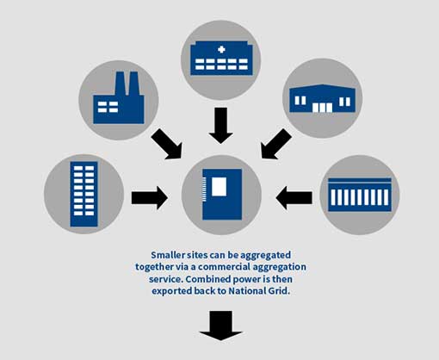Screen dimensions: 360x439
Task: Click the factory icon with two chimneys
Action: (x=119, y=96)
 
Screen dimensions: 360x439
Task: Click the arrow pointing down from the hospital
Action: (x=221, y=124)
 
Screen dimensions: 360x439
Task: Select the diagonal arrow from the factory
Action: (x=166, y=144)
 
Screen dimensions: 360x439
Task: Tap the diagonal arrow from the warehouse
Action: (x=276, y=144)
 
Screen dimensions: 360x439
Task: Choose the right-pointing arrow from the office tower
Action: (x=149, y=198)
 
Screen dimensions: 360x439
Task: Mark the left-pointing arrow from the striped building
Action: (x=294, y=198)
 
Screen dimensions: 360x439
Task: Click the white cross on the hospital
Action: (x=221, y=50)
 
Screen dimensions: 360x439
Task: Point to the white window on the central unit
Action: (x=219, y=185)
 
